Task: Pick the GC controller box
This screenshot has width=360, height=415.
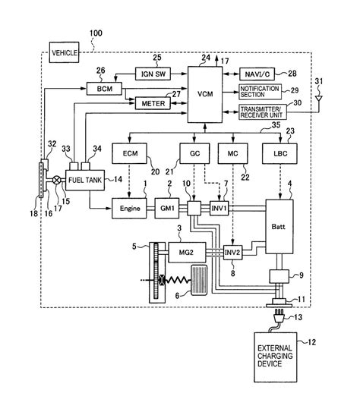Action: point(194,155)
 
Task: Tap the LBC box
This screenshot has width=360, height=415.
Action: point(280,155)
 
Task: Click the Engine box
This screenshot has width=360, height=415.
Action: point(131,207)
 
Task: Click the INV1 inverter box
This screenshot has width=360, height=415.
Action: point(219,207)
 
